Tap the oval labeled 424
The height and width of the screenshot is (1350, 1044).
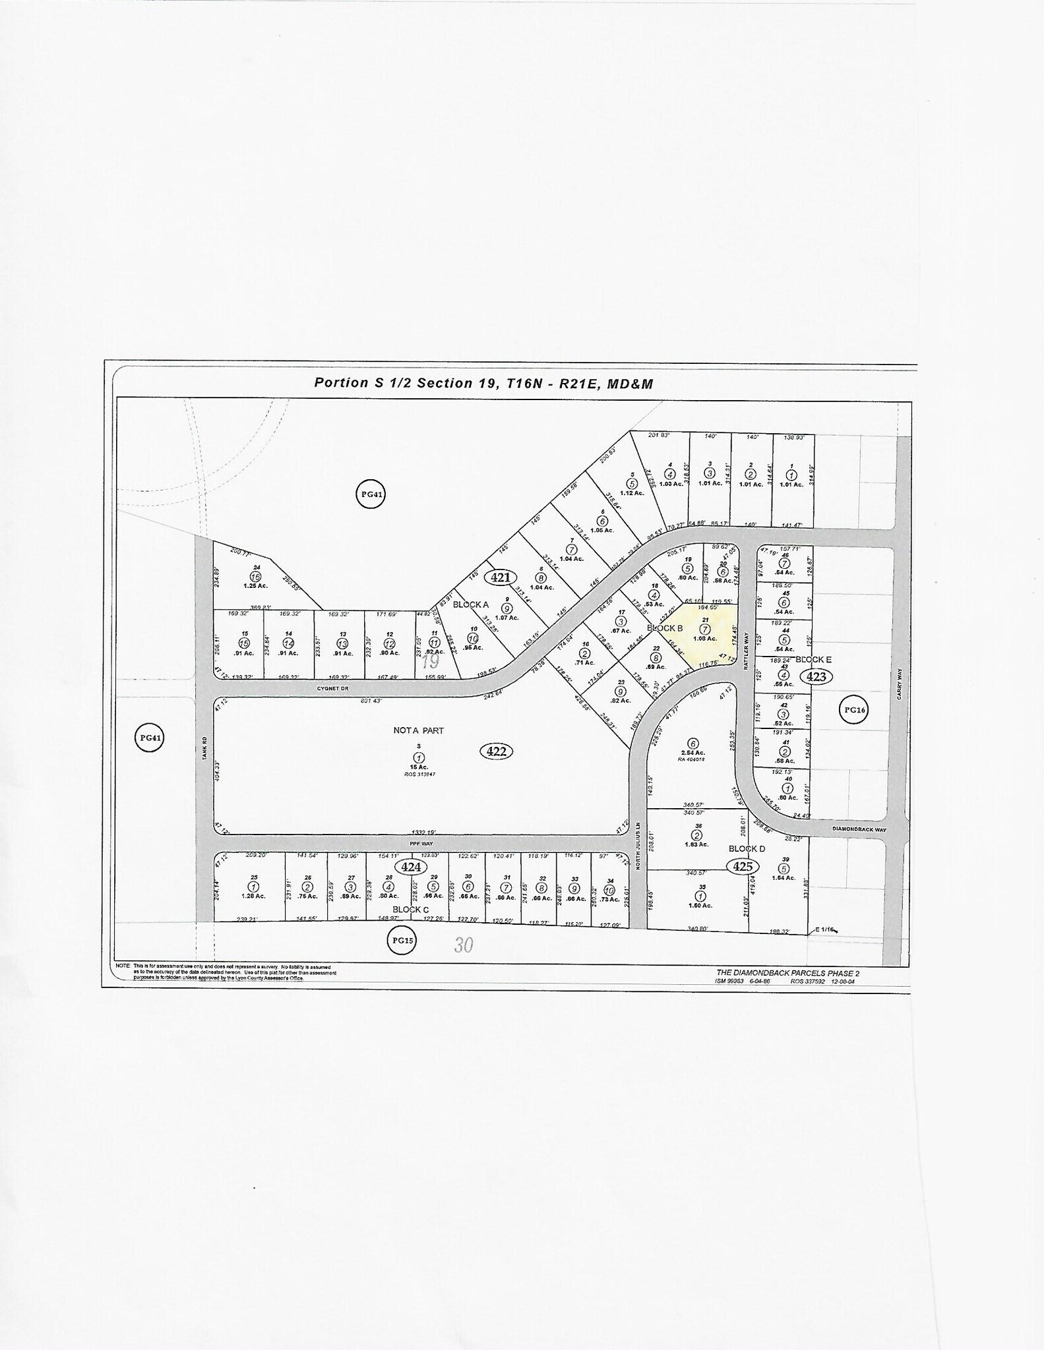[410, 866]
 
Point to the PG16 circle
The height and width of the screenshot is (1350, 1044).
[854, 710]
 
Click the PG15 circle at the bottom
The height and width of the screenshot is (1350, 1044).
[402, 941]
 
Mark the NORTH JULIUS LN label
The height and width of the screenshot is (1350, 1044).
[638, 854]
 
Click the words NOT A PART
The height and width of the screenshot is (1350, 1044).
[419, 730]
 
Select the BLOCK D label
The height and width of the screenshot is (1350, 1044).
[747, 849]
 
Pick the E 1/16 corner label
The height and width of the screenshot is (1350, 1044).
[825, 929]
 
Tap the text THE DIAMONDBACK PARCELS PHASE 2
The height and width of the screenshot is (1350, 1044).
[787, 973]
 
